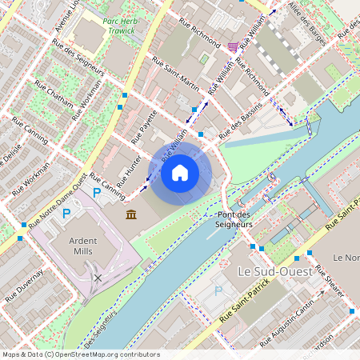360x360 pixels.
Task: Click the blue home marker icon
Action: pos(180,173)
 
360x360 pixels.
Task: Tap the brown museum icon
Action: pos(131,214)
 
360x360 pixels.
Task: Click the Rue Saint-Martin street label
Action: pos(175,77)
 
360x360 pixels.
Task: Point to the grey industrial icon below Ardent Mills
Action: pos(98,278)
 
